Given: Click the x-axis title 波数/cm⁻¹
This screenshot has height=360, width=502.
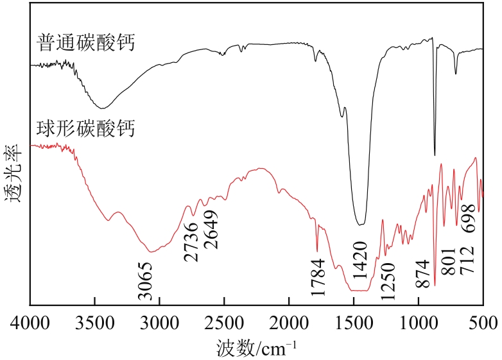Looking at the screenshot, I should pos(255,347).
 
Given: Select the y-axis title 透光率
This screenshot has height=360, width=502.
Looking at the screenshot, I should pos(14,173).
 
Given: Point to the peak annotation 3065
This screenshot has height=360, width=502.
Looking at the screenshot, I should pos(146,281).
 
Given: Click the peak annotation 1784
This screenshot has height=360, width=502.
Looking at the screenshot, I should pos(318,277).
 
